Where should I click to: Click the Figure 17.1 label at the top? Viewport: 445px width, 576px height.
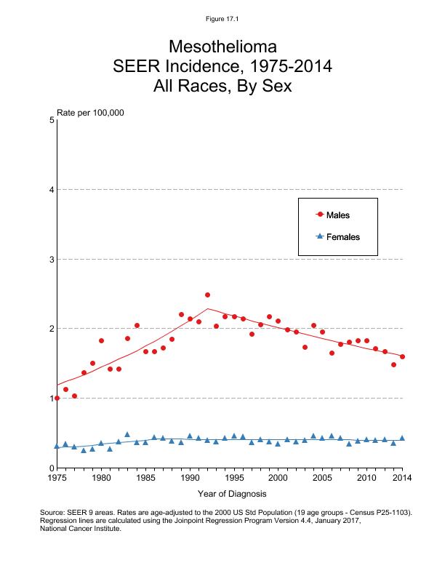point(222,19)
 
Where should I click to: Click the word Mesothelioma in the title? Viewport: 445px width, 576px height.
point(222,47)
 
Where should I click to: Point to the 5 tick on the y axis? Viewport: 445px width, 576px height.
point(52,120)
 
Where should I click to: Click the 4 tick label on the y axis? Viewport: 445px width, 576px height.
point(52,190)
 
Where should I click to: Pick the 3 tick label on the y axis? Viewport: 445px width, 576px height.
point(52,259)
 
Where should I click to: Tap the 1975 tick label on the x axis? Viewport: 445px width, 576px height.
point(57,478)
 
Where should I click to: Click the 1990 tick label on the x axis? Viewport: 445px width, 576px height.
point(190,478)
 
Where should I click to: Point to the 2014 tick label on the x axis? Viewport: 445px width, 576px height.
point(402,478)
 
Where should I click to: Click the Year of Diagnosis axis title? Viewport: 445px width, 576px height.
point(229,495)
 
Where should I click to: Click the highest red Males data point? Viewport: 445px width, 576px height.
point(207,295)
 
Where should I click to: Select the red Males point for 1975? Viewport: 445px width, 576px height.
point(57,398)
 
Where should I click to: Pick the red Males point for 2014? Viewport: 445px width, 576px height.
point(402,356)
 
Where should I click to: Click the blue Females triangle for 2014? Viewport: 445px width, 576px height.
point(402,438)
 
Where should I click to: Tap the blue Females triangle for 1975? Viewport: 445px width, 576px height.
point(57,446)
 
